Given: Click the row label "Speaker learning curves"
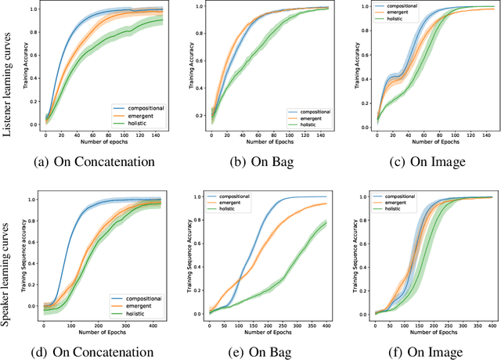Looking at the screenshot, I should coord(7,257).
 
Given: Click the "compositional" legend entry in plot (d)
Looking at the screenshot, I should coord(139,299).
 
